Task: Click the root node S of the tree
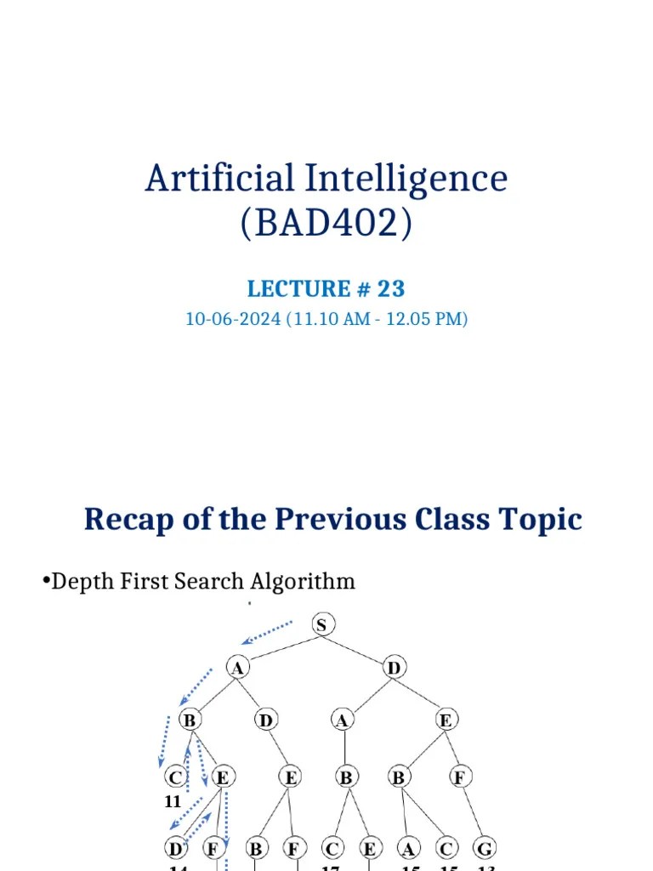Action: [x=321, y=625]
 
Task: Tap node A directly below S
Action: [x=237, y=668]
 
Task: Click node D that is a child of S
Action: [x=394, y=668]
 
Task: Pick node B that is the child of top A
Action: [x=190, y=720]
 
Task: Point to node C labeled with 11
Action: [x=174, y=777]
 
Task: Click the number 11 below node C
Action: [x=173, y=801]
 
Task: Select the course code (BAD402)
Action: [x=326, y=224]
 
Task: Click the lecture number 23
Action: [x=391, y=289]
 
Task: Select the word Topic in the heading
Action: [x=542, y=519]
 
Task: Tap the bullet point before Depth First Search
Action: [x=45, y=582]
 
